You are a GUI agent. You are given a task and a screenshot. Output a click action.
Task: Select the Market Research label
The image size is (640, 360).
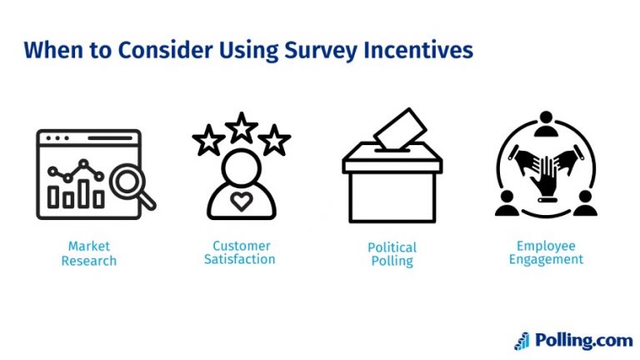coord(89,253)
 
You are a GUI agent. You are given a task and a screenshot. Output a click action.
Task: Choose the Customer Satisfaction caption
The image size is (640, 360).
coord(241,252)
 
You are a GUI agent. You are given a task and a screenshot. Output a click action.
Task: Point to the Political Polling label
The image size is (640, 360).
coord(392,254)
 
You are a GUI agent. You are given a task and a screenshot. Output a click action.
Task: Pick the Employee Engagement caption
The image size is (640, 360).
coord(546,252)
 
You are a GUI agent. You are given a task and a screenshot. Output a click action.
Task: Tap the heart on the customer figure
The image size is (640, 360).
coord(241,201)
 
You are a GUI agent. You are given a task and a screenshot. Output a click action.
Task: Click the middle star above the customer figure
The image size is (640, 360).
coord(242,127)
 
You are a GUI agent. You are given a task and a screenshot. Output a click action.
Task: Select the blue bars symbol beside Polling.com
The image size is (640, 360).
coord(522,340)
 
